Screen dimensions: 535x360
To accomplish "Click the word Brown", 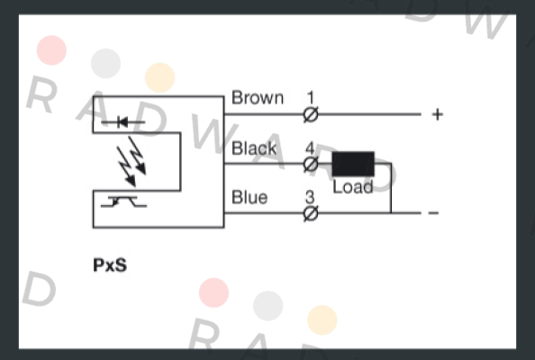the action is [258, 98].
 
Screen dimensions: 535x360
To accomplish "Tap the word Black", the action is [254, 148].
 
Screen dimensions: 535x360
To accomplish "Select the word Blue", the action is [249, 197].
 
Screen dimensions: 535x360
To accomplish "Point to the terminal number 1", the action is [311, 97].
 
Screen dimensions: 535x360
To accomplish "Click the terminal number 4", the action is [310, 148].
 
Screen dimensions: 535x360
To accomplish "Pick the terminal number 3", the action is [310, 197].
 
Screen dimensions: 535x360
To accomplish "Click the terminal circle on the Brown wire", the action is [311, 114].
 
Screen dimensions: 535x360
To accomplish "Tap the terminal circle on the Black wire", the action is [311, 165].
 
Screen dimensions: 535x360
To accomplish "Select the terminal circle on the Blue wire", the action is [311, 213].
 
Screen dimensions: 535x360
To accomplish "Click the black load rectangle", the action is [353, 164].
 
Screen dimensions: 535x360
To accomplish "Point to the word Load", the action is [353, 187].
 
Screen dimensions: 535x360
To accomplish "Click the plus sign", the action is [438, 114].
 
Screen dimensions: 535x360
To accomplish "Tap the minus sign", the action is [433, 213].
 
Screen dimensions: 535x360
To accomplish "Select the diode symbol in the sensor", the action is [122, 121].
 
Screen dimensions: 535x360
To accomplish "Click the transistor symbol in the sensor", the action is [123, 202].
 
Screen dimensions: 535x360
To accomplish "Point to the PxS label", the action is [110, 265].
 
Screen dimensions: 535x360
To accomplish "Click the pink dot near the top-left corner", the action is [51, 50].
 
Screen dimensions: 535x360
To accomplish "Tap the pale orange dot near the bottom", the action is [322, 319].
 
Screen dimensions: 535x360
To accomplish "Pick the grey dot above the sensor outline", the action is [105, 63].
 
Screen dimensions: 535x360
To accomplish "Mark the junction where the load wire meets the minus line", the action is [391, 213].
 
